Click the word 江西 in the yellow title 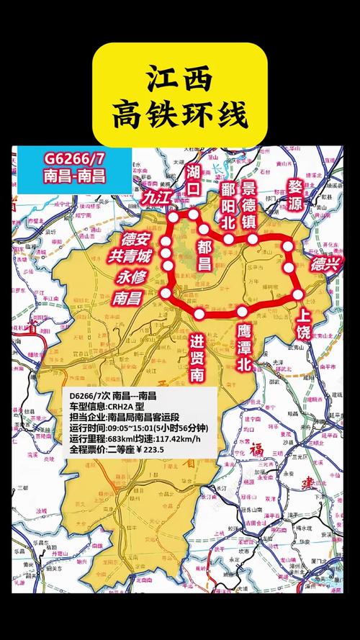pos(181,77)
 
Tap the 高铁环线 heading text pos(181,114)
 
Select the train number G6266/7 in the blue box pos(74,158)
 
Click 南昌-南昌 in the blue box pos(74,176)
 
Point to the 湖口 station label pos(193,179)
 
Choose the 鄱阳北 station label pos(228,205)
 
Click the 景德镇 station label pos(249,205)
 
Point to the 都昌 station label pos(204,254)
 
